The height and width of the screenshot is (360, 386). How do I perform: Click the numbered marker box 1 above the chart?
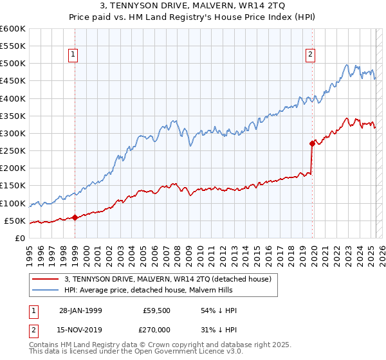75,55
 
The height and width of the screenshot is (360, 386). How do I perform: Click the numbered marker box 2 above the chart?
310,55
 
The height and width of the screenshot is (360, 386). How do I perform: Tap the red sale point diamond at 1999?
75,217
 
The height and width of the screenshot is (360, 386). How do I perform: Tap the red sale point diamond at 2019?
312,143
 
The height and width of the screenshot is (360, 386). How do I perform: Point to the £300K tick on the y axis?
13,134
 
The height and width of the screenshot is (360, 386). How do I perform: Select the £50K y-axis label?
15,221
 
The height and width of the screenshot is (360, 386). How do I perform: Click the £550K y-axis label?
13,46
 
